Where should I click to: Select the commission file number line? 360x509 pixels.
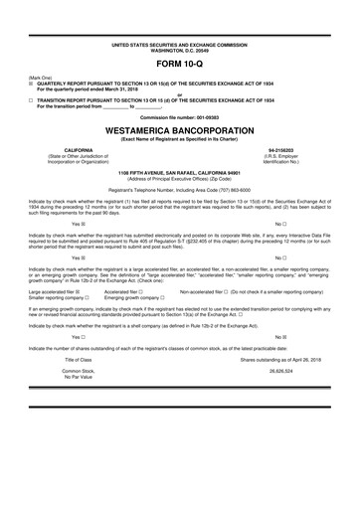coord(180,116)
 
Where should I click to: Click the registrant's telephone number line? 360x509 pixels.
coord(180,189)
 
